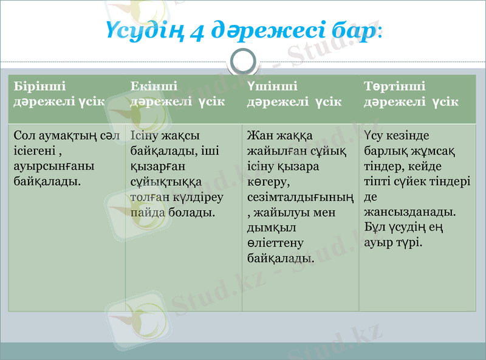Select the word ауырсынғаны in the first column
[47, 166]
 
